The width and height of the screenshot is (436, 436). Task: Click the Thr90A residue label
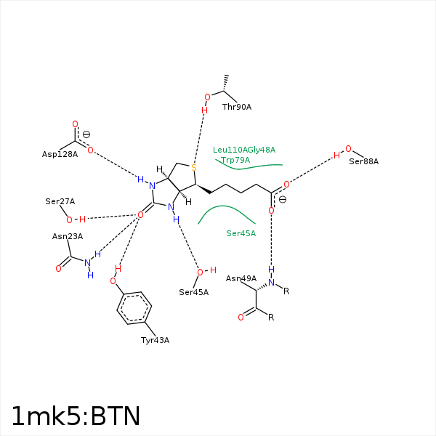[x=237, y=107]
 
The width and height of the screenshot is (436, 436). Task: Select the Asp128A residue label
[x=60, y=154]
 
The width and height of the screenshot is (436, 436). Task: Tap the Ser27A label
[x=60, y=201]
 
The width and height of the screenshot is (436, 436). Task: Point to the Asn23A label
[x=68, y=236]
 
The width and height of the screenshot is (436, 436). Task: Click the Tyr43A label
[x=155, y=340]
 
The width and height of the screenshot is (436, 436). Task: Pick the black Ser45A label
[x=193, y=292]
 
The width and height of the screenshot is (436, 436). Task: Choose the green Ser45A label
[x=241, y=233]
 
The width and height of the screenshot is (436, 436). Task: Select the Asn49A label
[x=241, y=278]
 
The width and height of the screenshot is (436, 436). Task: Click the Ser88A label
[x=364, y=161]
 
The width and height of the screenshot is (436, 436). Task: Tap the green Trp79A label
[x=235, y=160]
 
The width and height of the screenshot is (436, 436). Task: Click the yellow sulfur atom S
[x=194, y=168]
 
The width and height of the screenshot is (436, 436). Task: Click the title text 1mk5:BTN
[x=76, y=416]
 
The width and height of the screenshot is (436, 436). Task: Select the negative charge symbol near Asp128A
[x=86, y=134]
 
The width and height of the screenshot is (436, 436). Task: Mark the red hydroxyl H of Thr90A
[x=204, y=110]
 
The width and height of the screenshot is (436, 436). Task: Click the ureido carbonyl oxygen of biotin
[x=140, y=215]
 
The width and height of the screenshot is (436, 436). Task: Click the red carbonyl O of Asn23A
[x=58, y=269]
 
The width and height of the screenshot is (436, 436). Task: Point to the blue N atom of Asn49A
[x=271, y=283]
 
